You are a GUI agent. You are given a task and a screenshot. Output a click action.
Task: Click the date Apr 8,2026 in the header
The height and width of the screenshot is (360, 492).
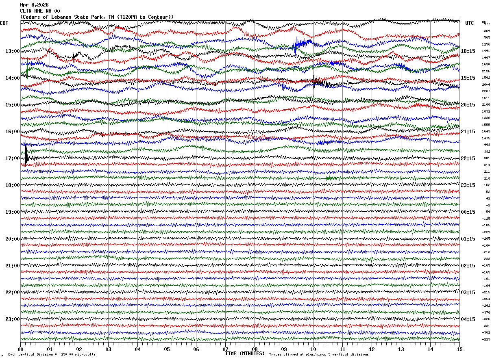[x=34, y=5]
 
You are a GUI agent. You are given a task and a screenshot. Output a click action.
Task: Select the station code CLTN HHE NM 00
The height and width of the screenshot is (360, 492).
[x=40, y=11]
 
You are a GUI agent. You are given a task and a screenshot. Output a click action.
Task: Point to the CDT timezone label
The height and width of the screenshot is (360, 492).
[x=4, y=23]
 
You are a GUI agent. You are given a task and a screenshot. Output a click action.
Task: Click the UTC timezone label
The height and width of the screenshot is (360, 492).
[x=470, y=23]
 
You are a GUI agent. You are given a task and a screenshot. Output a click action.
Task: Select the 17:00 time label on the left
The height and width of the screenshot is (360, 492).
[x=12, y=158]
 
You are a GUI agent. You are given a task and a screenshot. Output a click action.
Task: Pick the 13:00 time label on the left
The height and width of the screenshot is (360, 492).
[x=12, y=51]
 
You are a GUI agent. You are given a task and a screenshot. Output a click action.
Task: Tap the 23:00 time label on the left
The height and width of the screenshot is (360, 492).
[x=12, y=319]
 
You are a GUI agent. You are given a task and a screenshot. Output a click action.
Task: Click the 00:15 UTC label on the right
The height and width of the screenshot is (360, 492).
[x=468, y=212]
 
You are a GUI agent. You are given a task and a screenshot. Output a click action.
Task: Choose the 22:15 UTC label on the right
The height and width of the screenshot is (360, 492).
[x=468, y=158]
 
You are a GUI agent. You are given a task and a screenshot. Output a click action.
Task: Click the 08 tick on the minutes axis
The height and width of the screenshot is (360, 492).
[x=255, y=349]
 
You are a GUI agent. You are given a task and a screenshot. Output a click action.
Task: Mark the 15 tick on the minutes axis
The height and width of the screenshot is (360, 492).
[x=459, y=349]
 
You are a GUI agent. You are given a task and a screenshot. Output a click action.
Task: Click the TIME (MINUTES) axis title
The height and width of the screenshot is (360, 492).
[x=245, y=353]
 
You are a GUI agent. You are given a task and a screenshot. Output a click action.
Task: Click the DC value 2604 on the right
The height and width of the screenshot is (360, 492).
[x=486, y=85]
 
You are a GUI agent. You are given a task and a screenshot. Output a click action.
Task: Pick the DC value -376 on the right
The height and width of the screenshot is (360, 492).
[x=486, y=312]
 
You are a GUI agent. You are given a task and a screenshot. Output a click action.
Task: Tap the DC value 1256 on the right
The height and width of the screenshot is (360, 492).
[x=486, y=44]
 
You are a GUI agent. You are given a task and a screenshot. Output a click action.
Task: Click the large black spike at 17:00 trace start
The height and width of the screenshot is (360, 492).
[x=26, y=156]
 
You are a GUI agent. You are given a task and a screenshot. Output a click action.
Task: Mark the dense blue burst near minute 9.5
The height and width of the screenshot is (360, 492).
[x=302, y=43]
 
